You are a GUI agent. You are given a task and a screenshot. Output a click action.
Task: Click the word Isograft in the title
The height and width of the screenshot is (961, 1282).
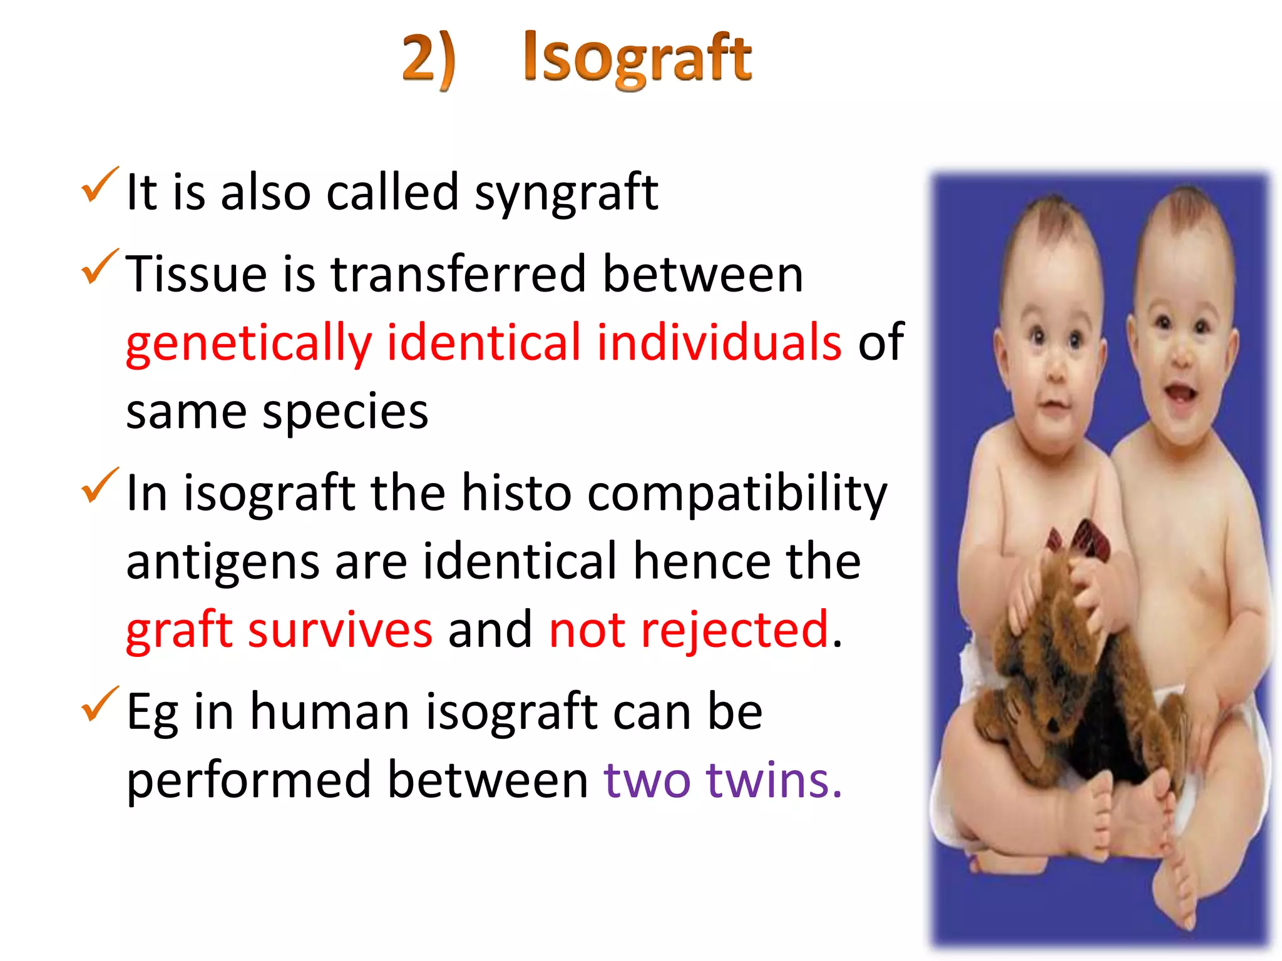coord(637,59)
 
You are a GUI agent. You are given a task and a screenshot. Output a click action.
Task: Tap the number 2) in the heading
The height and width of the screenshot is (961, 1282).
coord(428,59)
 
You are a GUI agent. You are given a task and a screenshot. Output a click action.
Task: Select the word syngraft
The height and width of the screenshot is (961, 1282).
coord(566,193)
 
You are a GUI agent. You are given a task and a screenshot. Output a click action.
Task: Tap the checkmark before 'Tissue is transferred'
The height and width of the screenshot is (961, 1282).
coord(99,267)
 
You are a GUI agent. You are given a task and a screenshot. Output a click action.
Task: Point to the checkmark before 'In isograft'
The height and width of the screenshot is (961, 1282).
coord(99,486)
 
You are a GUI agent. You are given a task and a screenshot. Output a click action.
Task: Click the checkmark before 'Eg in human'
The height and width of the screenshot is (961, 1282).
coord(99,705)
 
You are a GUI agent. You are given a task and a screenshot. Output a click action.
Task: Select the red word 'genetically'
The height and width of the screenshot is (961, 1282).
coord(249,343)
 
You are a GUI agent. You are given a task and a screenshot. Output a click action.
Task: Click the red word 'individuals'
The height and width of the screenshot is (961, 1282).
coord(719,342)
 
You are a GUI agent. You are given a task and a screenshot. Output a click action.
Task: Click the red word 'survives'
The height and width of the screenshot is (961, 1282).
coord(340,629)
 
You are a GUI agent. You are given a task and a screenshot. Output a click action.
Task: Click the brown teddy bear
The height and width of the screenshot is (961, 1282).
coord(1064,682)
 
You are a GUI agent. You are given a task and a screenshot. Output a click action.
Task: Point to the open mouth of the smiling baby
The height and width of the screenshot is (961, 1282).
coord(1179,395)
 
